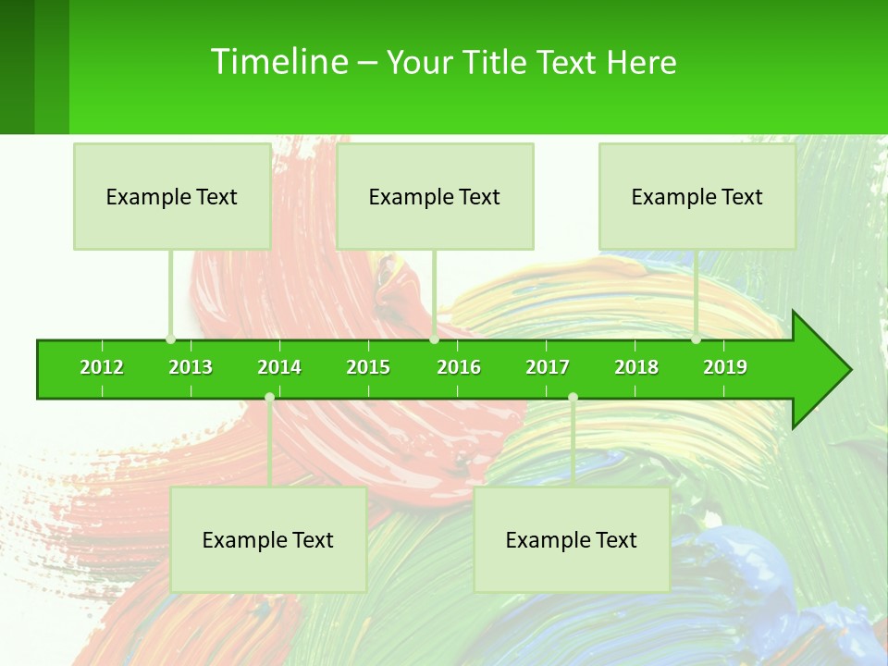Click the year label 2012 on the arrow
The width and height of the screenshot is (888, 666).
pyautogui.click(x=102, y=367)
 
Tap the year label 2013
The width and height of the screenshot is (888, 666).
pyautogui.click(x=191, y=367)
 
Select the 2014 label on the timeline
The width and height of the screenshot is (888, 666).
pyautogui.click(x=279, y=367)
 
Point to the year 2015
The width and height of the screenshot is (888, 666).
pyautogui.click(x=368, y=367)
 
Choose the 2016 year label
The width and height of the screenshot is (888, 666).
pyautogui.click(x=459, y=367)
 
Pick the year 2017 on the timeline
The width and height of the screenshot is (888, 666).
pyautogui.click(x=548, y=367)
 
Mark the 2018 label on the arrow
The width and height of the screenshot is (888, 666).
pyautogui.click(x=636, y=367)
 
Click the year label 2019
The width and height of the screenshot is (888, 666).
pyautogui.click(x=725, y=367)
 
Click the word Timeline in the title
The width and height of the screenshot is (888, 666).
pyautogui.click(x=278, y=62)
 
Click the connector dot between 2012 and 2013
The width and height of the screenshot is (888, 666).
pyautogui.click(x=171, y=339)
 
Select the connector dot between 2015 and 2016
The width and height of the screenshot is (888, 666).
pyautogui.click(x=435, y=339)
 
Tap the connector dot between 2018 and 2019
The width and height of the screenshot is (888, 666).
pyautogui.click(x=697, y=339)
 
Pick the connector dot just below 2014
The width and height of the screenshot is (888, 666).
pyautogui.click(x=269, y=398)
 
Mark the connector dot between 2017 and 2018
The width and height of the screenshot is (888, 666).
pyautogui.click(x=573, y=398)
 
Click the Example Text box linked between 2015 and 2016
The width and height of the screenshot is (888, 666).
pyautogui.click(x=435, y=196)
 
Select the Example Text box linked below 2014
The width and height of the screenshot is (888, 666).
pyautogui.click(x=268, y=539)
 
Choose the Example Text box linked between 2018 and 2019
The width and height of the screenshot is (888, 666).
pyautogui.click(x=697, y=196)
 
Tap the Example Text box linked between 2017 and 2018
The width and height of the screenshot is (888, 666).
pyautogui.click(x=572, y=539)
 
